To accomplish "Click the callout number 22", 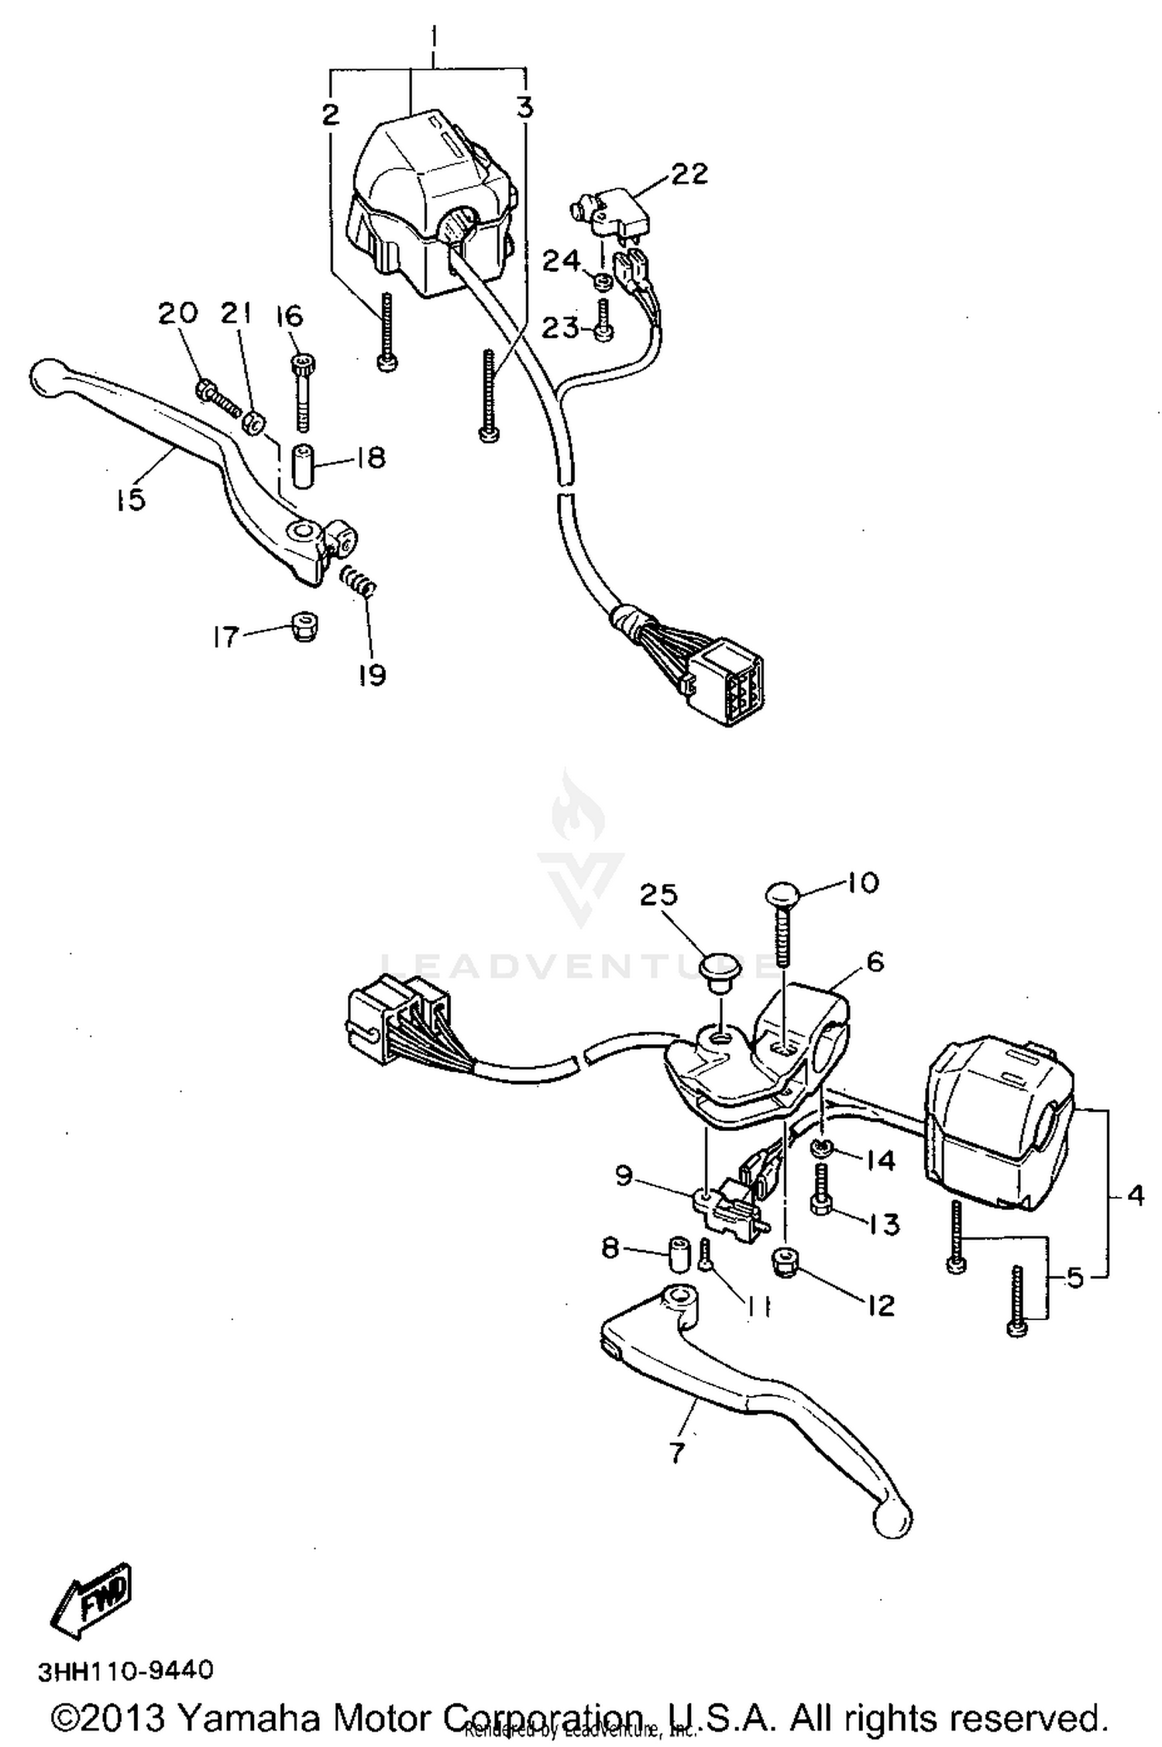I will [689, 174].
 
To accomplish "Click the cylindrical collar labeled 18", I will [304, 465].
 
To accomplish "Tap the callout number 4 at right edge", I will [1136, 1195].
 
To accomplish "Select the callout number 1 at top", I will [434, 36].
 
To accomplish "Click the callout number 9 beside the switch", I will [624, 1177].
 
